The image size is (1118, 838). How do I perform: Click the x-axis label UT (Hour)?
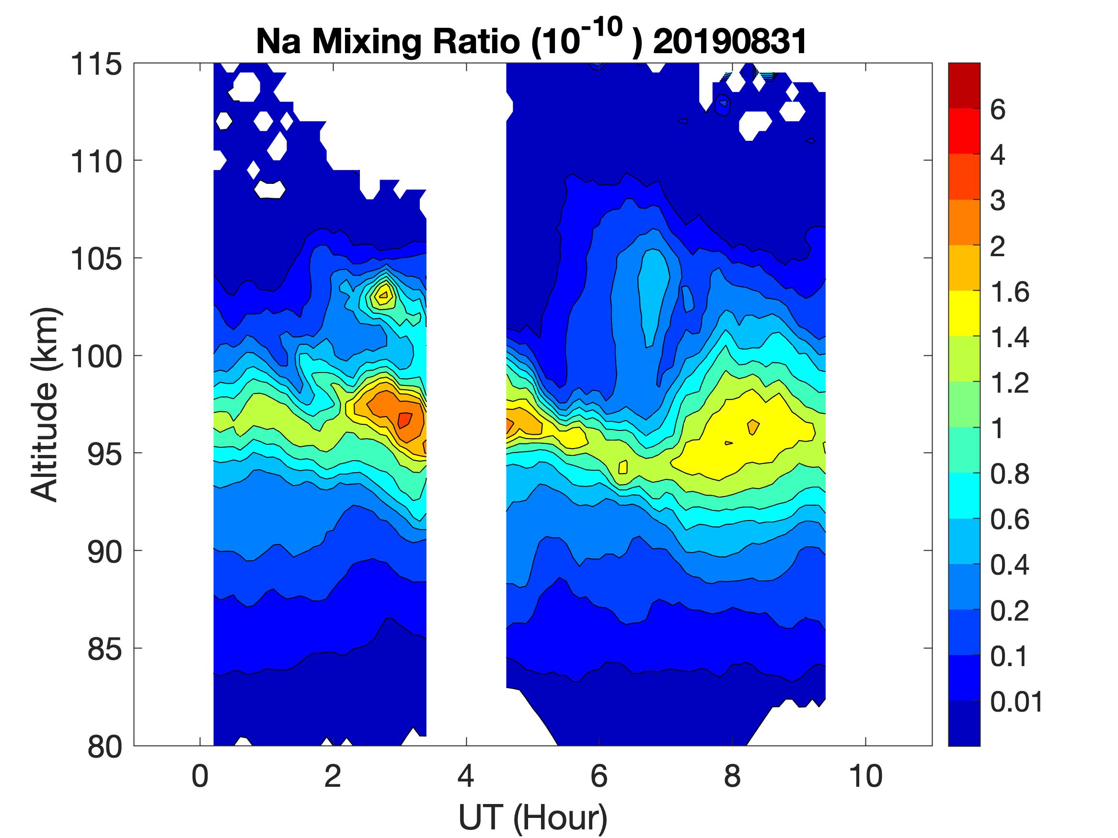[x=532, y=817]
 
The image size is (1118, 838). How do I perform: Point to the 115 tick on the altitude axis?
[x=96, y=65]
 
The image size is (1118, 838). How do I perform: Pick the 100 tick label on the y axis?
[x=96, y=357]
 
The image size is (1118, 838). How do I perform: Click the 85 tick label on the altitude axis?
[x=104, y=649]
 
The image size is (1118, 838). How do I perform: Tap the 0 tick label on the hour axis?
[x=200, y=776]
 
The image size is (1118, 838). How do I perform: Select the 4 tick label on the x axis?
[x=466, y=776]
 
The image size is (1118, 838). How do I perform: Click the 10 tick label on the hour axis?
[x=865, y=776]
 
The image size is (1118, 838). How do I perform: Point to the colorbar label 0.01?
[x=1016, y=702]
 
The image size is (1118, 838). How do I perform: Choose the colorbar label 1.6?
[x=1009, y=293]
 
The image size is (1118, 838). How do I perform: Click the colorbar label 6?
[x=998, y=110]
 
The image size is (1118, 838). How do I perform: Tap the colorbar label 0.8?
[x=1009, y=475]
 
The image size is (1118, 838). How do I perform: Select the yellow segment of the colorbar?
[x=964, y=313]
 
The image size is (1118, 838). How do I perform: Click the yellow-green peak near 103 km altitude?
[x=383, y=295]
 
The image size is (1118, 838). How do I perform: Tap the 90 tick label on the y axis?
[x=104, y=552]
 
